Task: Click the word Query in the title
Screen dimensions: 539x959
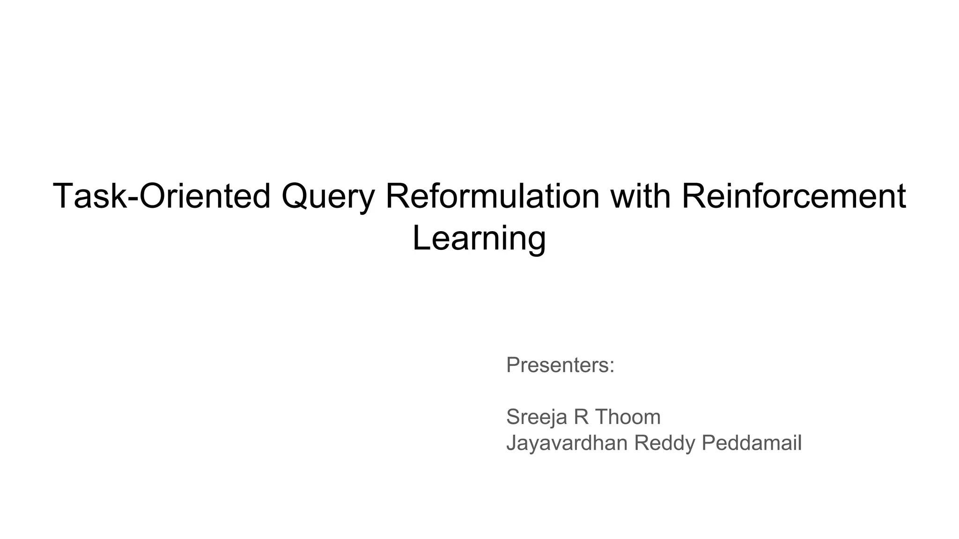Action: (328, 197)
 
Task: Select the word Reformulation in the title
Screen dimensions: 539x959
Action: (492, 196)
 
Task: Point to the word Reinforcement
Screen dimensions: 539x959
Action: (793, 196)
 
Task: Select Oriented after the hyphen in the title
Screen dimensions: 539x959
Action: (205, 196)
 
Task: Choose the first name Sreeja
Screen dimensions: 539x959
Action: (537, 417)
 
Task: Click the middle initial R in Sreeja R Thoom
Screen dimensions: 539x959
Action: (581, 417)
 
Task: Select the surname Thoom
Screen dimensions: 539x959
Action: (628, 417)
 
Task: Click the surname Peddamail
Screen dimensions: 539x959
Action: (752, 443)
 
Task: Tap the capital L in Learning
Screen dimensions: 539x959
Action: (420, 238)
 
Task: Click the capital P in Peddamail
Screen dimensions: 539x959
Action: (708, 443)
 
